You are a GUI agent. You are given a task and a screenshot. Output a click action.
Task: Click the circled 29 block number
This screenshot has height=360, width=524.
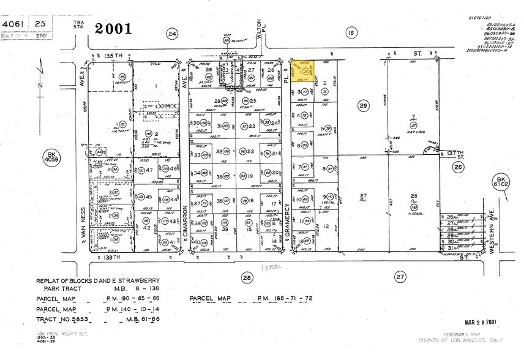364,107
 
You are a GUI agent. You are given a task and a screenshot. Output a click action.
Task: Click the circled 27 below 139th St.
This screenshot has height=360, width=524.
400,277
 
